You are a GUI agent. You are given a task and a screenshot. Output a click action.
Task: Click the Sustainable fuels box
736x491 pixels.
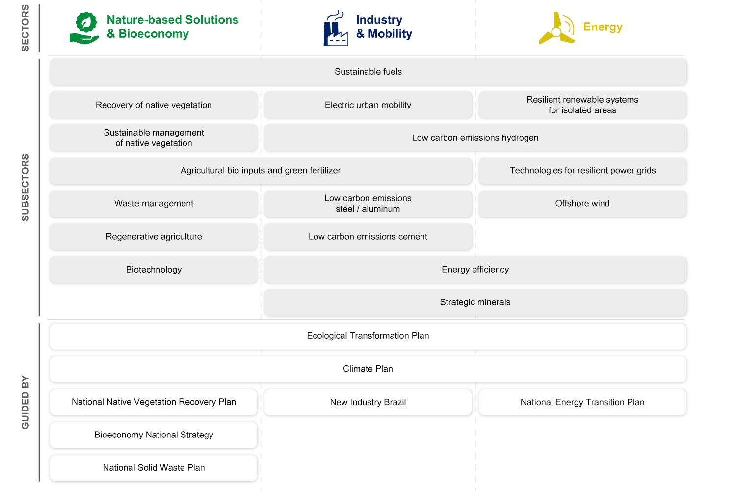click(x=368, y=72)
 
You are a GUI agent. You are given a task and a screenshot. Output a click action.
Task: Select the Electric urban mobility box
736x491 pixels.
click(x=368, y=105)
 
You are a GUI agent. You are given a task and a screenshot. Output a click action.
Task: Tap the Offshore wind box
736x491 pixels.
click(x=582, y=204)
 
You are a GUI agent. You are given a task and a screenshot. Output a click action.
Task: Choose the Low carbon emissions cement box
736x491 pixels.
click(x=368, y=237)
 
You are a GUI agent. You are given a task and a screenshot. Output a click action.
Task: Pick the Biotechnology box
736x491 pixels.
click(x=154, y=270)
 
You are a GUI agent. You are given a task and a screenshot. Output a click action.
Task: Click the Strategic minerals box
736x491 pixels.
click(x=475, y=302)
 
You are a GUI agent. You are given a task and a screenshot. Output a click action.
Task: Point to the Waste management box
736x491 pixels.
click(x=154, y=204)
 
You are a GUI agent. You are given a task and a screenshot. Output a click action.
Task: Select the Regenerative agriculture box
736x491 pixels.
click(x=154, y=237)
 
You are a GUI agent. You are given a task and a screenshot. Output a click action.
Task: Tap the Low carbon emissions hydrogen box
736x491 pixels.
click(x=475, y=138)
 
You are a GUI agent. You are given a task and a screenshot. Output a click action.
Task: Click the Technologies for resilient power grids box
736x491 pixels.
click(x=582, y=171)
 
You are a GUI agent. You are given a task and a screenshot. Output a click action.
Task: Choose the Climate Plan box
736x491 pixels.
click(x=368, y=369)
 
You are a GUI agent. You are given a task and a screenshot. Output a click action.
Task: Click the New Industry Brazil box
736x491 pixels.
click(x=368, y=402)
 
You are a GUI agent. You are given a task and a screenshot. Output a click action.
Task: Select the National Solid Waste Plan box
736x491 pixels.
click(x=154, y=468)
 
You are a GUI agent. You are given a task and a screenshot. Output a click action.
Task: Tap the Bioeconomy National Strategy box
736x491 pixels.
click(x=154, y=435)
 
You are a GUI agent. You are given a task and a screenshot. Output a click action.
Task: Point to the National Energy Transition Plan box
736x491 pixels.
click(x=582, y=402)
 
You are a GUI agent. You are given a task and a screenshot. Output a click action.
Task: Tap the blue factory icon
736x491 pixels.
click(x=336, y=29)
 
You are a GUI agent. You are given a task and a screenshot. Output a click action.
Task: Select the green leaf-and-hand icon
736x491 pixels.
click(x=85, y=28)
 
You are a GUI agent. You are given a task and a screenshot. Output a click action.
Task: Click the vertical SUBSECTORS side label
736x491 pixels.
click(x=26, y=187)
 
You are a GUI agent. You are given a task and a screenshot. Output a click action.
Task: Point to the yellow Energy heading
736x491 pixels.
click(x=603, y=27)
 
